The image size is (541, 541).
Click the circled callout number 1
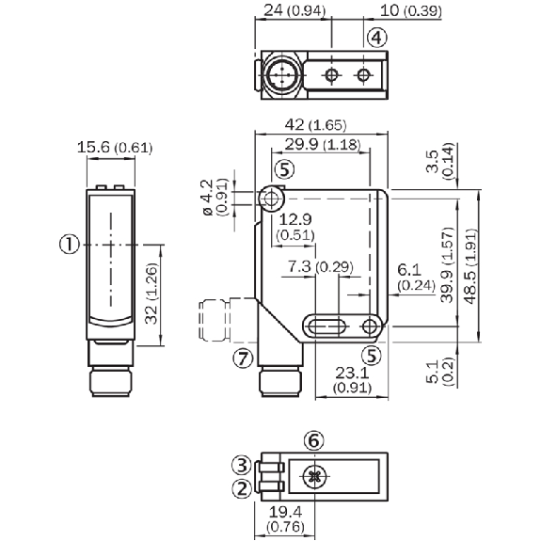point(70,245)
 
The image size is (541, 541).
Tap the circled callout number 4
point(376,38)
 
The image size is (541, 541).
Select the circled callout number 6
point(314,440)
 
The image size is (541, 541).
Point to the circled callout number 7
point(244,358)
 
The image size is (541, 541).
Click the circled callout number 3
point(242,465)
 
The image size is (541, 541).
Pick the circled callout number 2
point(242,488)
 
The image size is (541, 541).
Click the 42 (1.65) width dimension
point(315,124)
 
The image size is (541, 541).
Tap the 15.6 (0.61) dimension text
point(115,148)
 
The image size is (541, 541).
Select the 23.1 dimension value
point(352,373)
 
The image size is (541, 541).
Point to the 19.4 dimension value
point(286,513)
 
